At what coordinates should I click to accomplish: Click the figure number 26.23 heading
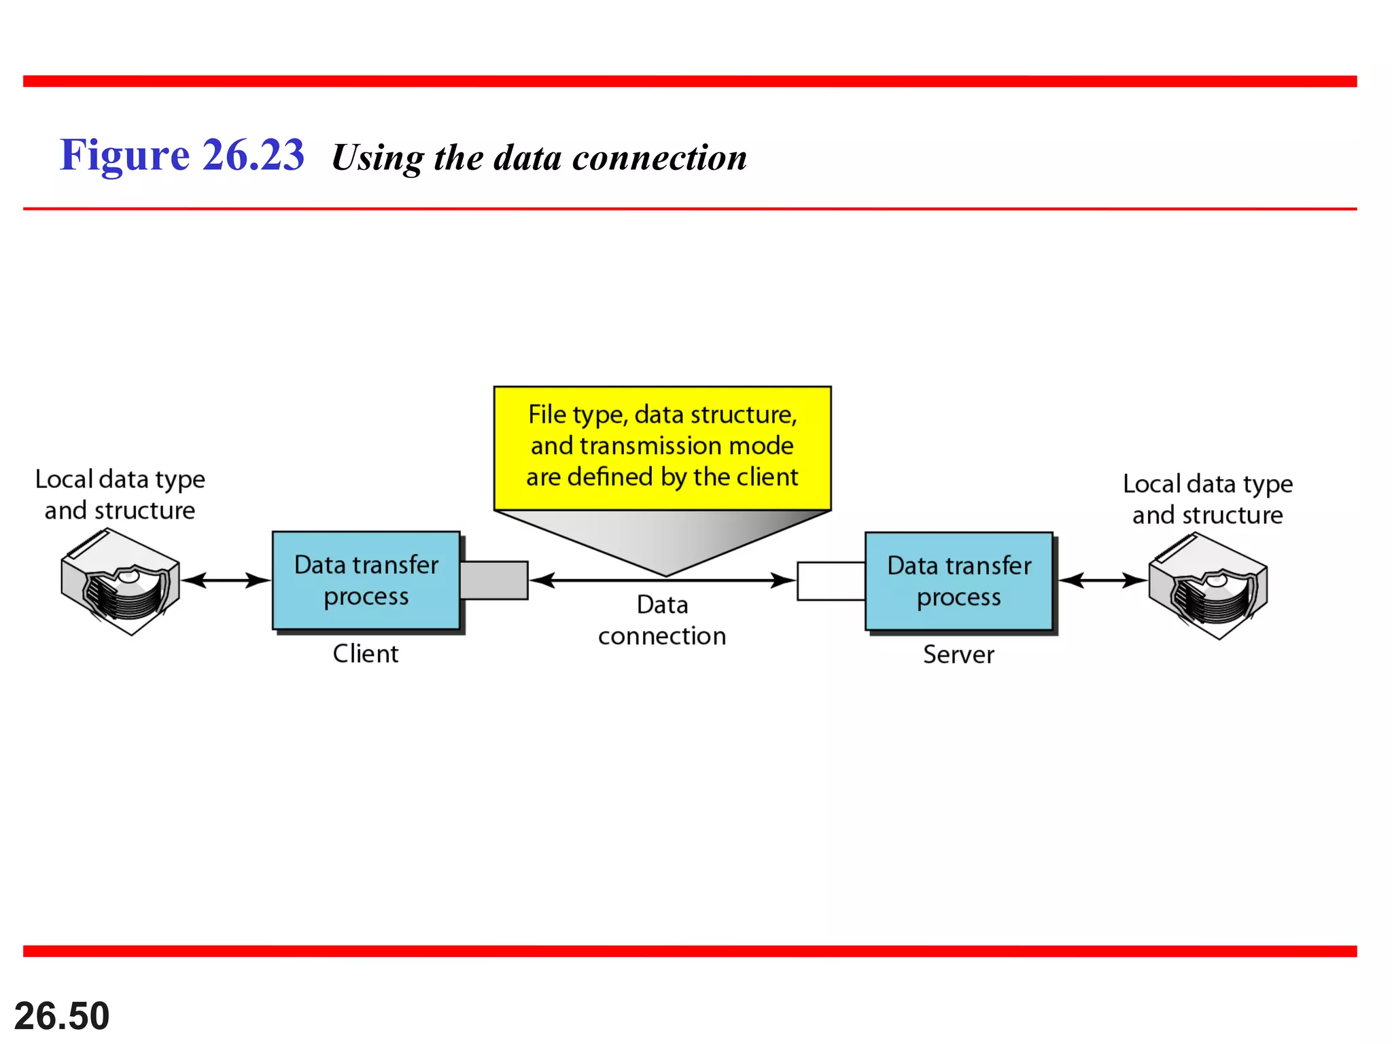tap(181, 155)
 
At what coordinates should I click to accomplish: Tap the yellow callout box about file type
tap(662, 447)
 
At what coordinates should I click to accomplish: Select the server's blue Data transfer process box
tap(958, 581)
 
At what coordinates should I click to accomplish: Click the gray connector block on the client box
tap(494, 580)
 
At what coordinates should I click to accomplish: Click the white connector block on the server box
tap(831, 581)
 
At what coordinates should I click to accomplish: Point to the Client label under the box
tap(365, 653)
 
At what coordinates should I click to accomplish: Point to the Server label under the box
tap(958, 655)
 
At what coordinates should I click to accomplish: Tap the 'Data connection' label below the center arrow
tap(662, 620)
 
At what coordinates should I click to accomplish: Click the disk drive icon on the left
tap(120, 582)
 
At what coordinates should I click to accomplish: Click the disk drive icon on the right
tap(1208, 586)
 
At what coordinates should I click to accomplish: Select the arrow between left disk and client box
tap(226, 580)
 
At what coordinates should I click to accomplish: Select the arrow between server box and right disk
tap(1102, 580)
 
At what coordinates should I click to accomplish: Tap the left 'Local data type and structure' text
tap(120, 494)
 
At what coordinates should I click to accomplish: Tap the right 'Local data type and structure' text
tap(1207, 499)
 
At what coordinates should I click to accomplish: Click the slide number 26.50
tap(62, 1015)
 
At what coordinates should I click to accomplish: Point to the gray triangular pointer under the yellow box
tap(663, 540)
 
